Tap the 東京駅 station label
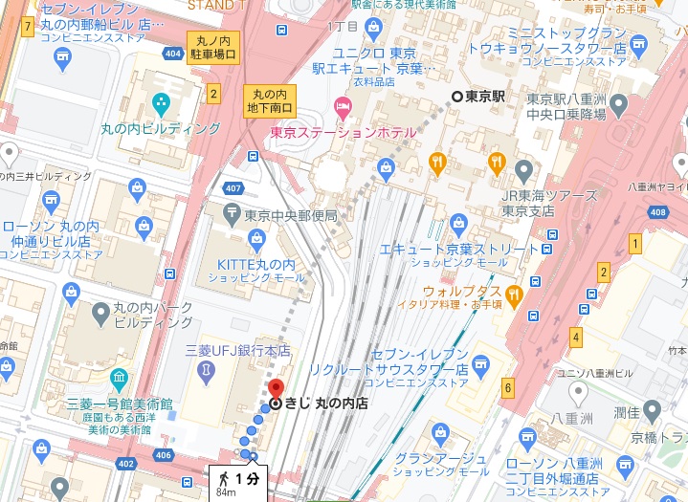484,97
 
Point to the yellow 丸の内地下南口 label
269,99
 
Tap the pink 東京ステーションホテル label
344,132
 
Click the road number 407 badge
233,186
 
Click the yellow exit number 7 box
28,26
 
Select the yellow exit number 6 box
508,387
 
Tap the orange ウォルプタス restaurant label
463,291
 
